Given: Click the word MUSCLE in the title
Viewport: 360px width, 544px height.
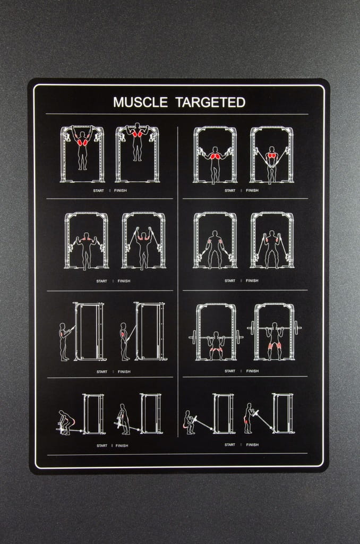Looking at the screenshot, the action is tap(140, 103).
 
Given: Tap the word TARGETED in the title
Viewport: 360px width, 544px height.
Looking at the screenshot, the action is tap(210, 103).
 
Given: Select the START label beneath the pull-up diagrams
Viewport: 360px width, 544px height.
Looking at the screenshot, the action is tap(99, 191).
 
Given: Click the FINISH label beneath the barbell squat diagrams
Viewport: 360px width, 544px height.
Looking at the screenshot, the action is tap(253, 371).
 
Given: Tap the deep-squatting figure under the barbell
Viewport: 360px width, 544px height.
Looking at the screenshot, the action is tap(216, 345).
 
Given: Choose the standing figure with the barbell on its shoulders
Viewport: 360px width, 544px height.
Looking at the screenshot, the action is tap(275, 341).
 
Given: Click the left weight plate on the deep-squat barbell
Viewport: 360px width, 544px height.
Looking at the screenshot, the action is tap(194, 337).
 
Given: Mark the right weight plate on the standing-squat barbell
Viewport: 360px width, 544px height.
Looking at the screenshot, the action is tap(296, 327).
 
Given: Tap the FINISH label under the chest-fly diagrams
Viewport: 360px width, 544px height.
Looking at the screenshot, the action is tap(252, 191).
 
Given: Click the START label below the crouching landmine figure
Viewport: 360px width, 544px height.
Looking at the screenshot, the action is tap(229, 445).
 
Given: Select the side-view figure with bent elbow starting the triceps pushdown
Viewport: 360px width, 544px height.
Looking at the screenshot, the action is tap(64, 342).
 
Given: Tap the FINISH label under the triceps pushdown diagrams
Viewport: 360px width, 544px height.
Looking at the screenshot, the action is tap(124, 371).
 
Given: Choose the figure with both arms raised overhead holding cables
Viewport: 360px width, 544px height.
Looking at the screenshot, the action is tap(143, 248).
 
